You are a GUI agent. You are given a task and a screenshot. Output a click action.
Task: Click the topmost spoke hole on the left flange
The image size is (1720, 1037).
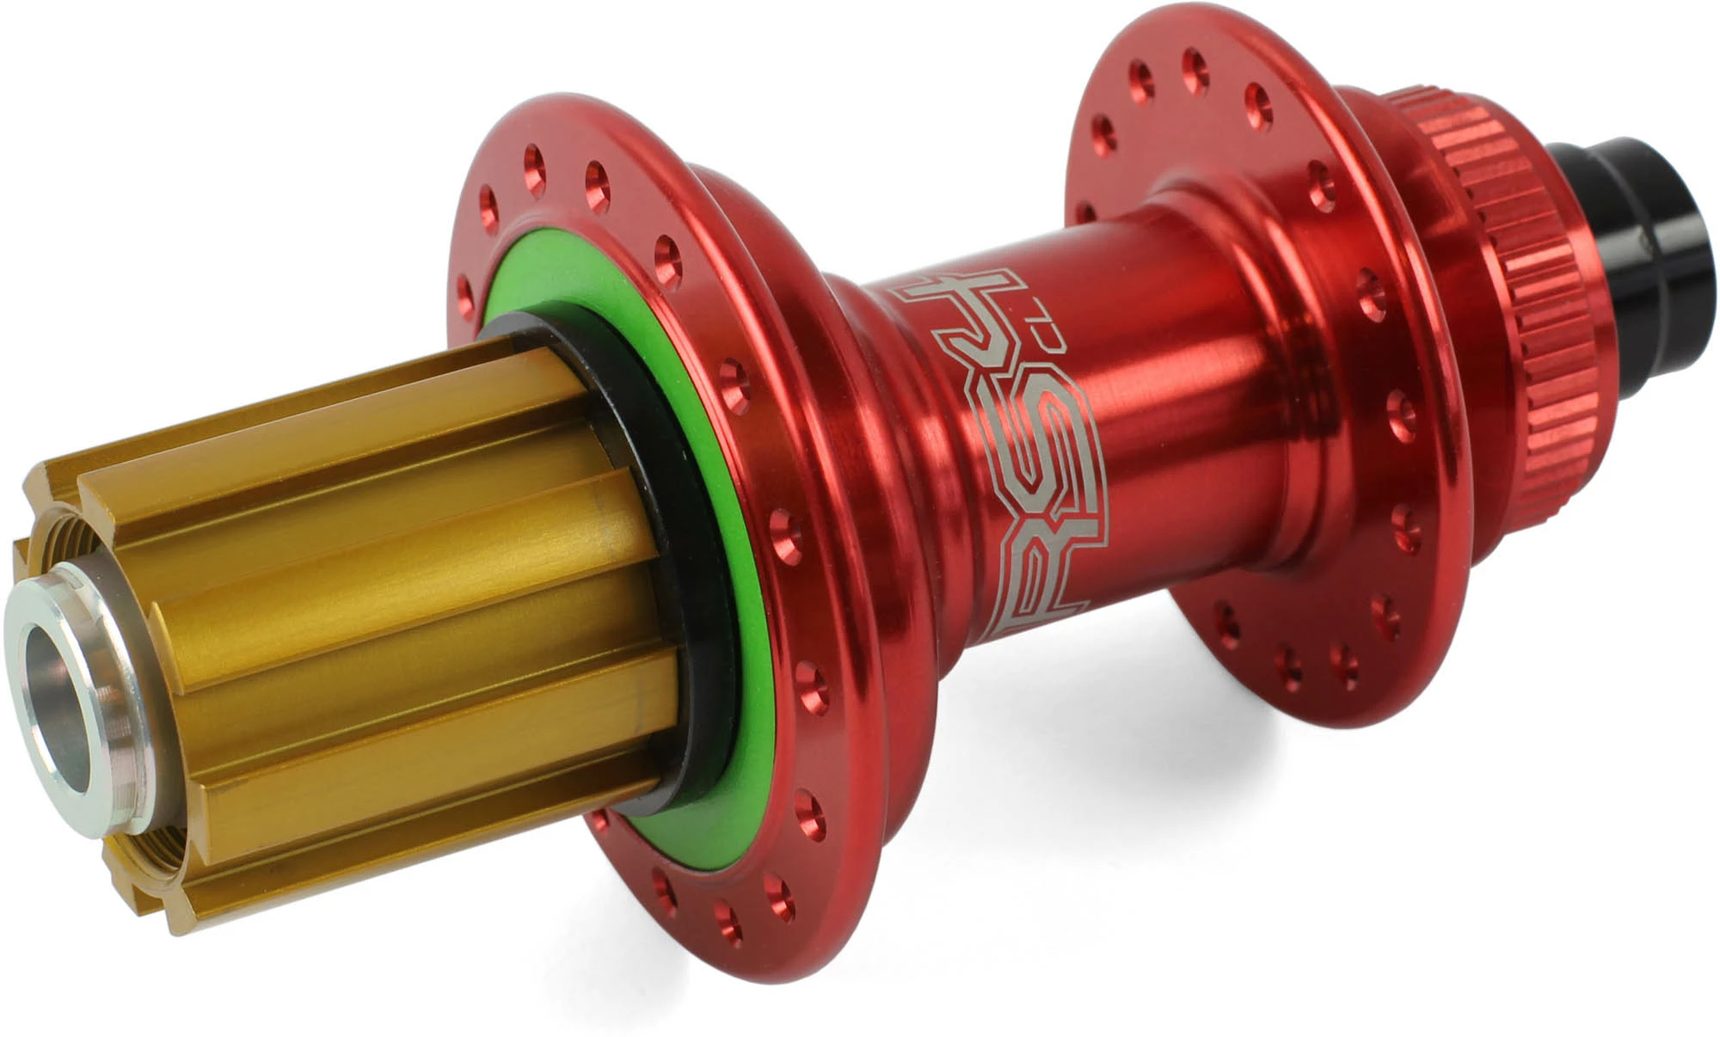(533, 160)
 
